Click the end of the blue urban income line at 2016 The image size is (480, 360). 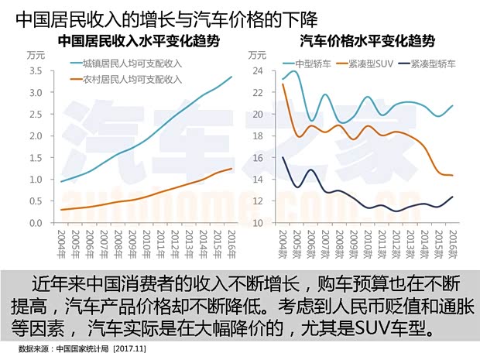coord(231,77)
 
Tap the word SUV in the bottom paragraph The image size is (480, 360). coord(373,327)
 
